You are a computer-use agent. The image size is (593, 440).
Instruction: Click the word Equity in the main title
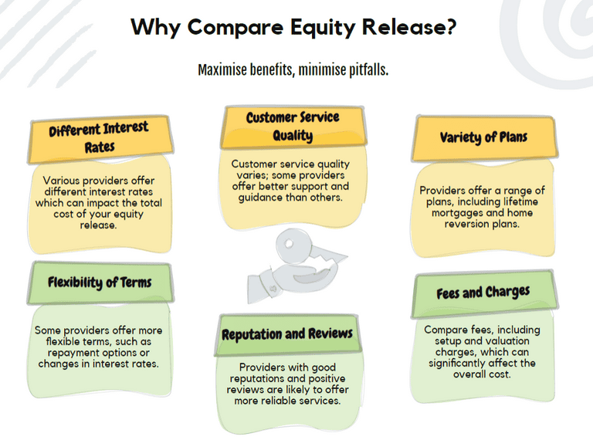323,28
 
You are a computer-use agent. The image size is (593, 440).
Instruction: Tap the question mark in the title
450,26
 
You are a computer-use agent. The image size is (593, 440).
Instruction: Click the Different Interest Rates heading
99,137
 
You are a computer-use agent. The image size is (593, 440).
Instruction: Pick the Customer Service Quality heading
293,127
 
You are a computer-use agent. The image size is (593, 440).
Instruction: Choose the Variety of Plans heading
483,137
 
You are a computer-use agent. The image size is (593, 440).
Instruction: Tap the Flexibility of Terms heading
100,283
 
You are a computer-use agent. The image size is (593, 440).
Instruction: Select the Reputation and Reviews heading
287,334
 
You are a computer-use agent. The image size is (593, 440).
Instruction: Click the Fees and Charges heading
483,293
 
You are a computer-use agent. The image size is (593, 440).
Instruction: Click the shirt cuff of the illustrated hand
259,286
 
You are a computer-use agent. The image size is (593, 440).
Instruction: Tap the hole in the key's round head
289,243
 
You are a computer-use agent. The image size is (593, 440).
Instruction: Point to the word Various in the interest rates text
60,181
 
